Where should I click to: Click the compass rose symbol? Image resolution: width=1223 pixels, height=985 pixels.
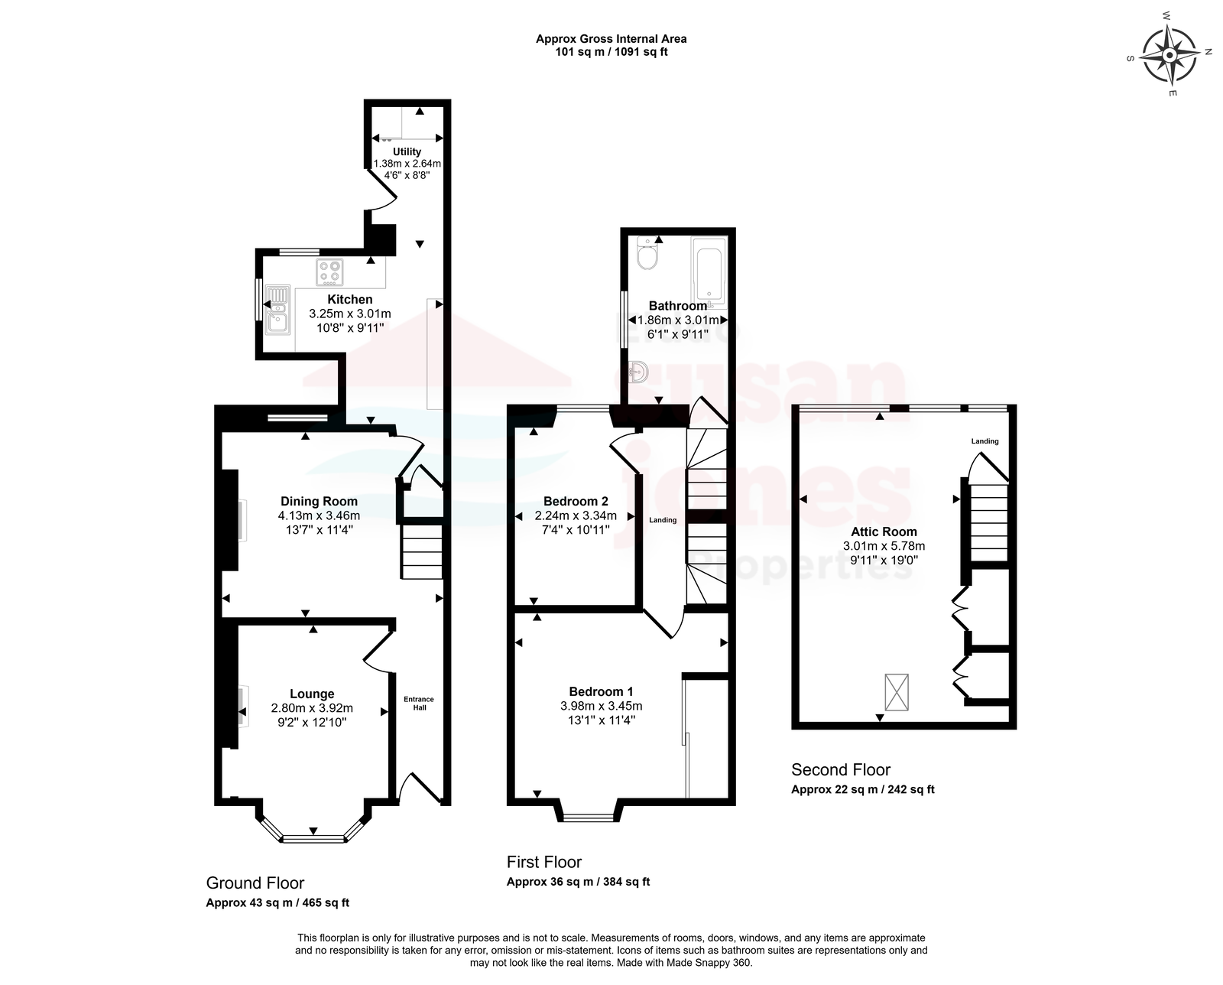1169,55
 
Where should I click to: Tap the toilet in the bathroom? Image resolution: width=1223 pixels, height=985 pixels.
647,253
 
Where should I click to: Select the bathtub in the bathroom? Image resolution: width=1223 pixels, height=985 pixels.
709,271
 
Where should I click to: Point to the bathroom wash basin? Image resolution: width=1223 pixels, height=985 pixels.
639,372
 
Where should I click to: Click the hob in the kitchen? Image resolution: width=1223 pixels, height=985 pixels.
329,271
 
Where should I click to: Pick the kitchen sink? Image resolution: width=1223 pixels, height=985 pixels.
277,310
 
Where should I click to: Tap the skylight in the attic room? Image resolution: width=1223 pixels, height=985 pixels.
896,692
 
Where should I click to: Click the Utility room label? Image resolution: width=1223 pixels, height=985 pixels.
407,152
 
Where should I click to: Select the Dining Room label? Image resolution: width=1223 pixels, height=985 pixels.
319,501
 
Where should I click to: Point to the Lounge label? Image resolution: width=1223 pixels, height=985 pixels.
312,694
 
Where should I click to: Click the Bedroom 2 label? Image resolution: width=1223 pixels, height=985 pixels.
576,501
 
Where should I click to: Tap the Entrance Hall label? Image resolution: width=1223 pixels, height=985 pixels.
419,704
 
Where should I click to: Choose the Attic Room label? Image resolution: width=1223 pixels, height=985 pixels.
884,532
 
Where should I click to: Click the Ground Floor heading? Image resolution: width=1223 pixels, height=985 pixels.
255,883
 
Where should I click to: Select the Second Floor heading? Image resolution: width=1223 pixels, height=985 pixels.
841,769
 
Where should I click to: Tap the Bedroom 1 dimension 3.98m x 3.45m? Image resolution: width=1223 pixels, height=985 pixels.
602,706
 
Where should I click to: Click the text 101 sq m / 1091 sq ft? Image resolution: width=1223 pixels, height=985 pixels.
611,52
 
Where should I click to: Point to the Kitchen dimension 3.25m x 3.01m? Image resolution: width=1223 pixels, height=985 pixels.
350,314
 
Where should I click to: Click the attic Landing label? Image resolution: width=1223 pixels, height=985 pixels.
985,440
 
